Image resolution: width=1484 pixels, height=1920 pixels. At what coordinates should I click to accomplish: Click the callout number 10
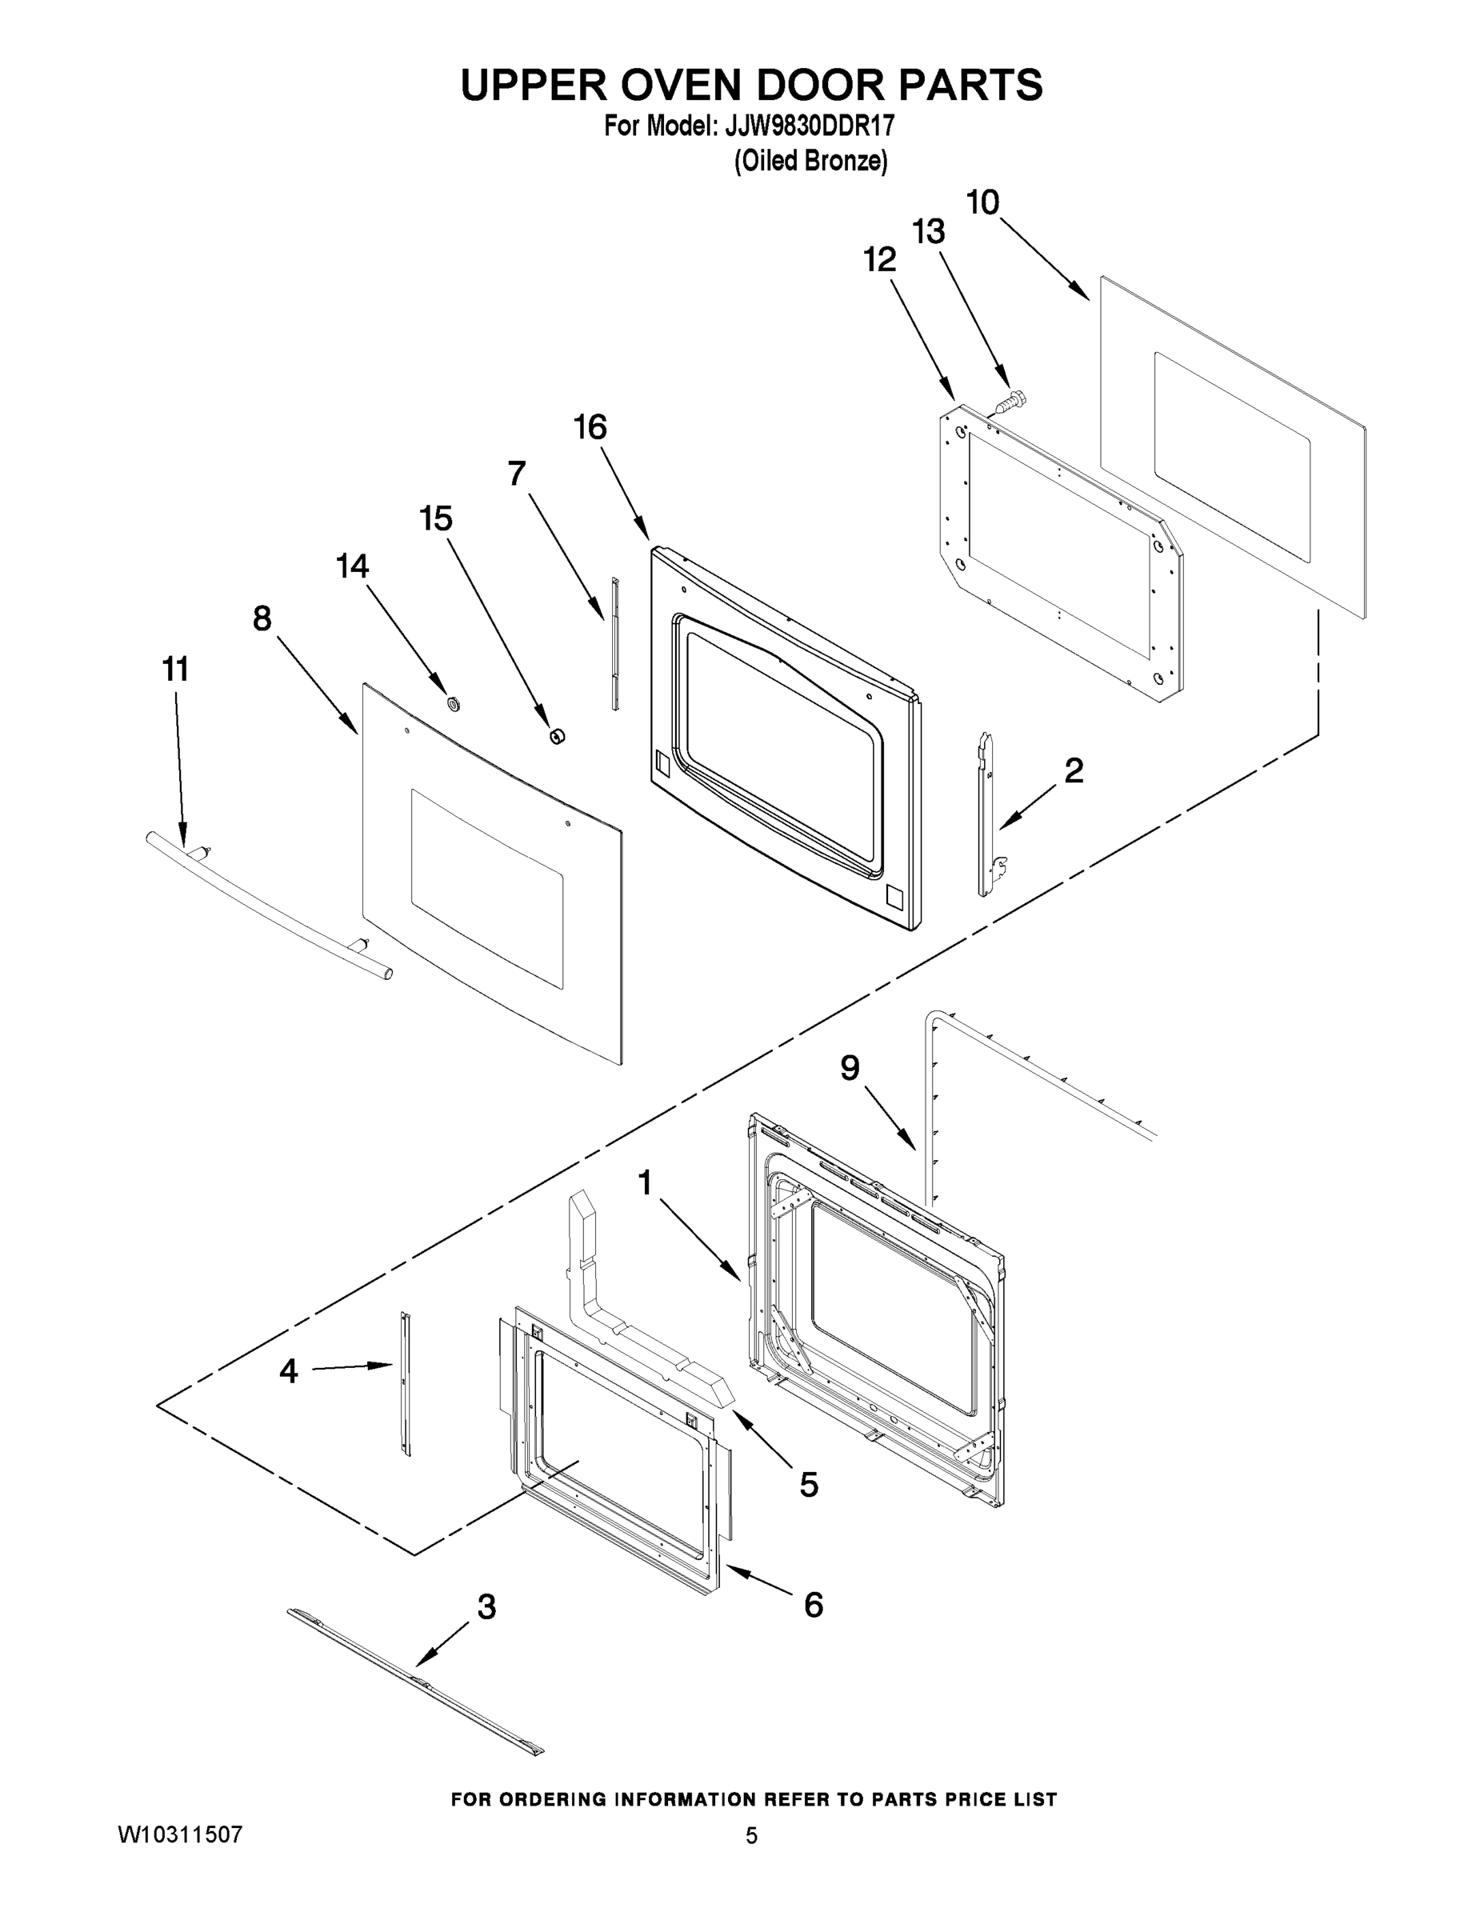pos(983,203)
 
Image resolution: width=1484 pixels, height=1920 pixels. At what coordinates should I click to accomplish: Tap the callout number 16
pos(590,427)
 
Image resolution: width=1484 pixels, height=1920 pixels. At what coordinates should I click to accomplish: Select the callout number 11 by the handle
pos(176,669)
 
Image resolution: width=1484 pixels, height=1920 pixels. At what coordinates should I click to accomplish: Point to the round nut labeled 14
pos(454,702)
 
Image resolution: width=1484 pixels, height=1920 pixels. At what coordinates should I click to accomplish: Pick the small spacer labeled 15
pos(557,735)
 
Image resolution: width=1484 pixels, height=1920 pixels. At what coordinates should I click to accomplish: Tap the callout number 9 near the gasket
pos(850,1068)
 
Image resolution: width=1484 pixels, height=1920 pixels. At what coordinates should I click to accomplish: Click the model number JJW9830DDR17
pos(809,126)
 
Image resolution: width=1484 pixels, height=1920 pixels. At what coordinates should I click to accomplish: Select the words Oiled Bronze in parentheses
pos(810,161)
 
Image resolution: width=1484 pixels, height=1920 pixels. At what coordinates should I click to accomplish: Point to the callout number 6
pos(814,1606)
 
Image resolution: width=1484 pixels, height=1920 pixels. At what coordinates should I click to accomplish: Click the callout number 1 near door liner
pos(645,1183)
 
